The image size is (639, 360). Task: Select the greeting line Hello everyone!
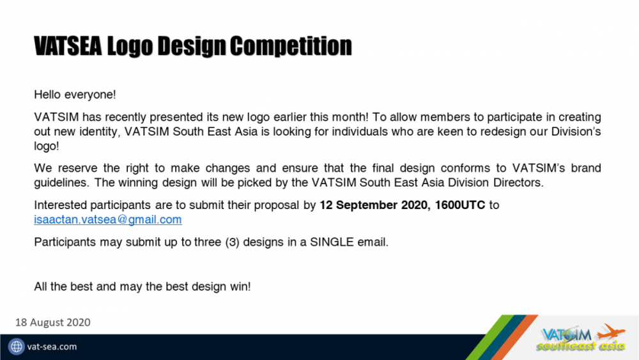[x=75, y=95]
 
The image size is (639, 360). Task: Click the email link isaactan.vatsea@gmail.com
[x=107, y=219]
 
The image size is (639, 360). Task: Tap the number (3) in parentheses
[x=224, y=243]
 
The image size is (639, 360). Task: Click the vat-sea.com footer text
[x=52, y=347]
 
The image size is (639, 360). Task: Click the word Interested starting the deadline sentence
[x=59, y=205]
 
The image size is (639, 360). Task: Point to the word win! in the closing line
[x=240, y=286]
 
